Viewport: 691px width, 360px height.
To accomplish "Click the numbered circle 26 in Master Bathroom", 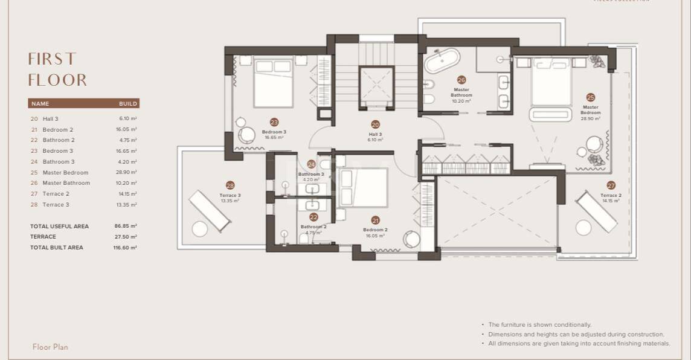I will pos(461,80).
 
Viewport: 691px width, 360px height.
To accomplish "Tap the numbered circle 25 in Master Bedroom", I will pos(590,97).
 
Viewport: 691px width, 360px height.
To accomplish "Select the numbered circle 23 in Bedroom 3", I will pos(274,122).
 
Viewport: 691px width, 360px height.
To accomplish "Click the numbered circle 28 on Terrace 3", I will pos(230,185).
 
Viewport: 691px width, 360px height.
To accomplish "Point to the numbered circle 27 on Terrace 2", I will pos(611,185).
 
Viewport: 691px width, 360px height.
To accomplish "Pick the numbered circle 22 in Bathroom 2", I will pos(313,217).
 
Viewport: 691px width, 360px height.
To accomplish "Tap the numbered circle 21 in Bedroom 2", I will pos(375,220).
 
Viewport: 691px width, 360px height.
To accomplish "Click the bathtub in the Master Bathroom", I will pos(442,61).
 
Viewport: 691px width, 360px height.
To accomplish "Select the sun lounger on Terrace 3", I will pos(209,210).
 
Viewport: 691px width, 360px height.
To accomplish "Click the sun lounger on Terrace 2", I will pos(596,211).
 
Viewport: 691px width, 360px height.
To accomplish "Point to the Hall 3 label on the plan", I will pos(375,135).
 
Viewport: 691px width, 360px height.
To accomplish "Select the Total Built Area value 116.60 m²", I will pos(126,248).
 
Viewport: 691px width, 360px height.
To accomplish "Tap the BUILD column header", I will pos(128,104).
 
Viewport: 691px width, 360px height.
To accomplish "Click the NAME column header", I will pos(40,104).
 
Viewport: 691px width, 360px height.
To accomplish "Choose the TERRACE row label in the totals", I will pos(43,237).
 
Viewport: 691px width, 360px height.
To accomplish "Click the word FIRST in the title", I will pos(53,59).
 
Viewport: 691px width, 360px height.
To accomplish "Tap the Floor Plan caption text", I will pos(50,347).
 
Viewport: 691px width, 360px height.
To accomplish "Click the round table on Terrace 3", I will pos(200,228).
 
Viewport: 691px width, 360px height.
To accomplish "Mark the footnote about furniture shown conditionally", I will pos(539,325).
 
